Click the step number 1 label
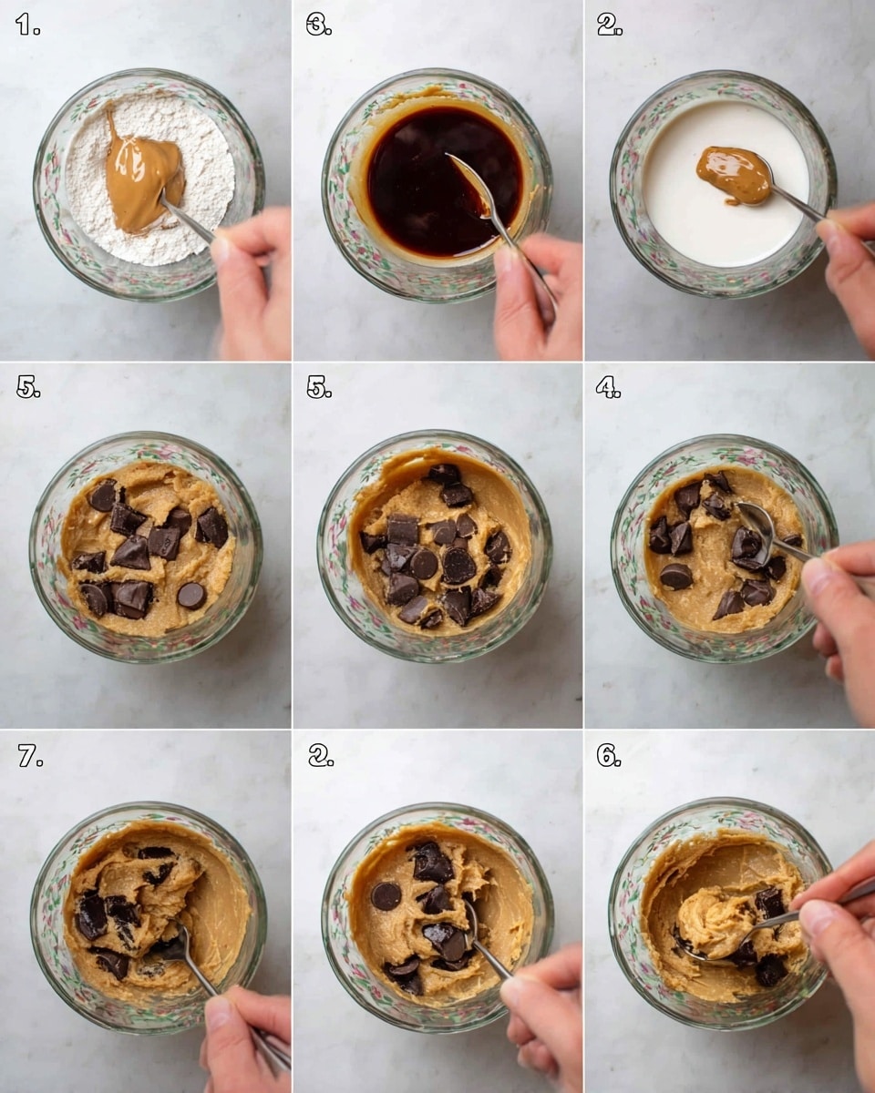[x=27, y=25]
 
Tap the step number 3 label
[x=318, y=25]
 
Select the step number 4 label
[x=608, y=387]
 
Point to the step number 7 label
[x=29, y=755]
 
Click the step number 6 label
[x=608, y=755]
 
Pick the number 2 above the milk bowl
[x=609, y=25]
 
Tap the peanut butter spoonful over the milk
[x=734, y=174]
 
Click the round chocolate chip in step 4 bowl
[x=675, y=576]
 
